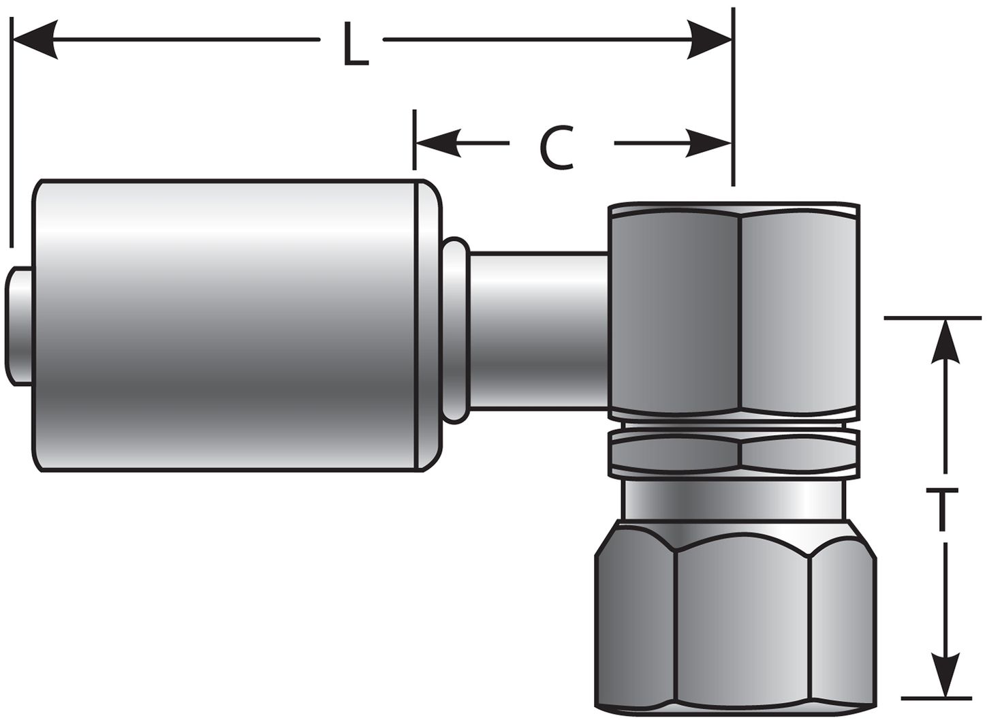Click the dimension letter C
557,148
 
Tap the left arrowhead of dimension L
34,40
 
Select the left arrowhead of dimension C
436,143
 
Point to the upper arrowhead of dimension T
944,341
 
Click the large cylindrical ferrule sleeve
225,325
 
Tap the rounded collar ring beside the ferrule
456,330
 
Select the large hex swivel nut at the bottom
736,616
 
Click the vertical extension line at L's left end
12,136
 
